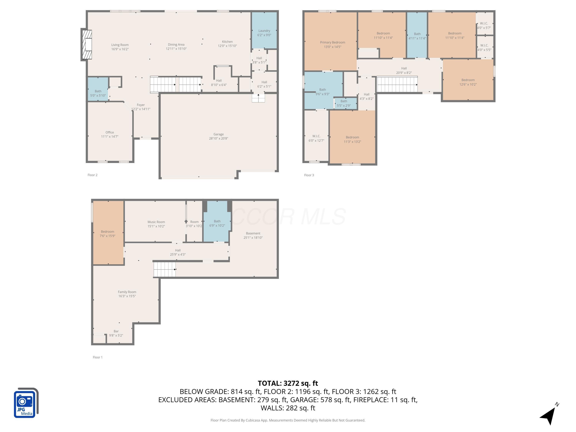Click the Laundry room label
pyautogui.click(x=264, y=31)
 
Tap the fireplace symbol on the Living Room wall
pyautogui.click(x=87, y=45)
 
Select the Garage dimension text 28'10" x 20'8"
pyautogui.click(x=218, y=139)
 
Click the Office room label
pyautogui.click(x=110, y=132)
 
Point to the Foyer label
pyautogui.click(x=141, y=105)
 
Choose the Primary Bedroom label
pyautogui.click(x=333, y=42)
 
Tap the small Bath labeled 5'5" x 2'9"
pyautogui.click(x=344, y=103)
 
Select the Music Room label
pyautogui.click(x=156, y=222)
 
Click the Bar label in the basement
pyautogui.click(x=116, y=331)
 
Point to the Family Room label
pyautogui.click(x=127, y=292)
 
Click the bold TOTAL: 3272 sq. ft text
pyautogui.click(x=288, y=383)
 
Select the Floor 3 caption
pyautogui.click(x=309, y=175)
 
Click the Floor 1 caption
pyautogui.click(x=98, y=357)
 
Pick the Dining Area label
pyautogui.click(x=176, y=45)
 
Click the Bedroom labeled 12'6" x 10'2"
pyautogui.click(x=468, y=82)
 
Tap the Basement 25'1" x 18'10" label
pyautogui.click(x=253, y=235)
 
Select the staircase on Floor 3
pyautogui.click(x=397, y=84)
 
